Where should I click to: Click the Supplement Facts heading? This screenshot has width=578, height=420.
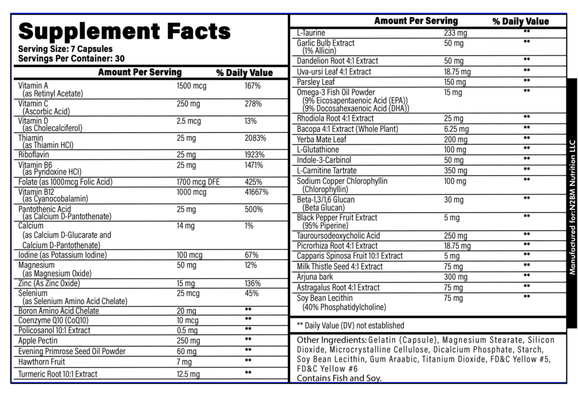pyautogui.click(x=124, y=30)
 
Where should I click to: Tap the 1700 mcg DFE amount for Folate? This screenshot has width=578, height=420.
pyautogui.click(x=198, y=182)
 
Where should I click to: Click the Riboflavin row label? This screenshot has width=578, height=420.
pyautogui.click(x=33, y=155)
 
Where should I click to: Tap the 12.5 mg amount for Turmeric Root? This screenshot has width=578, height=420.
pyautogui.click(x=188, y=374)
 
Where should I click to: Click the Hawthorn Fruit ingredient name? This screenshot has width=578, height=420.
pyautogui.click(x=42, y=362)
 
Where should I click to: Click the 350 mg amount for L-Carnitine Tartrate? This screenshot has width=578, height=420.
pyautogui.click(x=456, y=170)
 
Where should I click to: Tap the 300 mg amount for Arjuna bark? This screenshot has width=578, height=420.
pyautogui.click(x=456, y=277)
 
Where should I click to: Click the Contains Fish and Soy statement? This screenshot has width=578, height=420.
pyautogui.click(x=339, y=378)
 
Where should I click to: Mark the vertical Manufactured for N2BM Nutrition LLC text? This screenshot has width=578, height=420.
pyautogui.click(x=572, y=207)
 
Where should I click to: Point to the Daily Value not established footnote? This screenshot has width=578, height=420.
pyautogui.click(x=350, y=325)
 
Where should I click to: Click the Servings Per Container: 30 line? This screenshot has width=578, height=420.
pyautogui.click(x=71, y=58)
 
